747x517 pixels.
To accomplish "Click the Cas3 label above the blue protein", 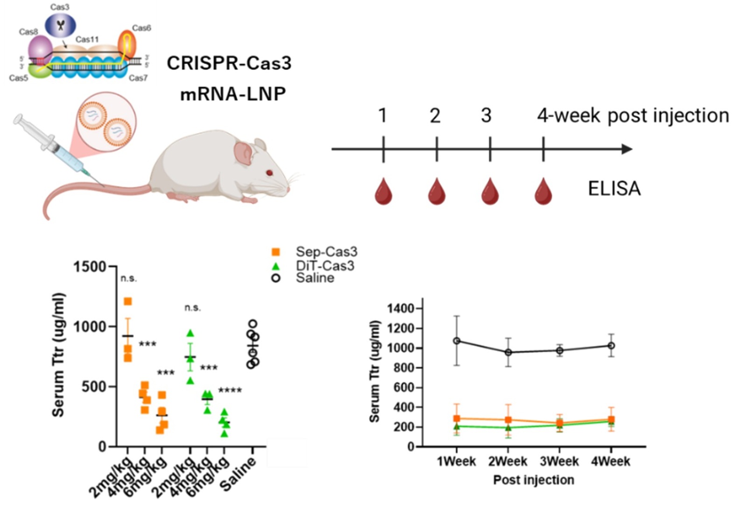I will [60, 7].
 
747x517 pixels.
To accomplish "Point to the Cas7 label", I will [138, 78].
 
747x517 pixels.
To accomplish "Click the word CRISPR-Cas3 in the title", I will [229, 63].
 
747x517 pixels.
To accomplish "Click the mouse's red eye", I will [270, 173].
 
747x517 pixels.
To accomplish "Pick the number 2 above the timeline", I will [435, 116].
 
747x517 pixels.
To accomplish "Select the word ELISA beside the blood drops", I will [614, 189].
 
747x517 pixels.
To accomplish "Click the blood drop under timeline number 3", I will [490, 192].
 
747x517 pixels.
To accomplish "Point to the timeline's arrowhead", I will [627, 149].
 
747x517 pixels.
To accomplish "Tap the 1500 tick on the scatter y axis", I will [90, 267].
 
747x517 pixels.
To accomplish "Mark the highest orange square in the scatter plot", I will [127, 301].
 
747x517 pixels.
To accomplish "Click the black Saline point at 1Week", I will [457, 341].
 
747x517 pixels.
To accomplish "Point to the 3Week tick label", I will [559, 461].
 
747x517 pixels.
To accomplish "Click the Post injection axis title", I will [534, 480].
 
